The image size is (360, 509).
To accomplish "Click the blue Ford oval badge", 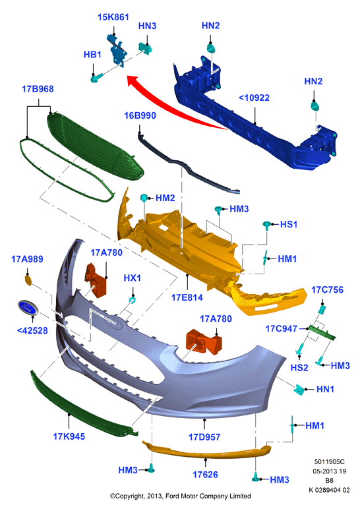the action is [x=28, y=307].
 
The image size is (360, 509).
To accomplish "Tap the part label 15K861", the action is [x=113, y=17].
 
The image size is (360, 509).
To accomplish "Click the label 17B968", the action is [x=38, y=89].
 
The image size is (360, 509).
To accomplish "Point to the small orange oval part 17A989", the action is [x=28, y=280].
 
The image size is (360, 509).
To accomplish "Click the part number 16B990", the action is [x=140, y=115].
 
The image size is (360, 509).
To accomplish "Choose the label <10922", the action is [x=254, y=98].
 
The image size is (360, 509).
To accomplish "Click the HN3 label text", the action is [x=148, y=26].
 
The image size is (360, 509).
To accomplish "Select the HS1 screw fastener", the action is [x=267, y=225].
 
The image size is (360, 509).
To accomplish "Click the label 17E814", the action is [x=187, y=297].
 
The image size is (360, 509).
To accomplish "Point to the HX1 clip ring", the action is [x=133, y=299].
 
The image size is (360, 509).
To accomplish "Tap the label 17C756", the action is [x=327, y=290].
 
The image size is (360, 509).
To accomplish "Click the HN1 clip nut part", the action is [x=299, y=390].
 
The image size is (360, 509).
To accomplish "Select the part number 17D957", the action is [x=204, y=437].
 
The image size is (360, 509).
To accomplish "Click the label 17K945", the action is [x=69, y=436].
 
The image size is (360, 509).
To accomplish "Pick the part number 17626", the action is [x=205, y=475].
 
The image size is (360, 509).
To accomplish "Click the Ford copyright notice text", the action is [x=181, y=496].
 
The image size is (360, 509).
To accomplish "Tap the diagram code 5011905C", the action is [x=329, y=462].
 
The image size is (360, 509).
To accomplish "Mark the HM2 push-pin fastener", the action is [x=144, y=198].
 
